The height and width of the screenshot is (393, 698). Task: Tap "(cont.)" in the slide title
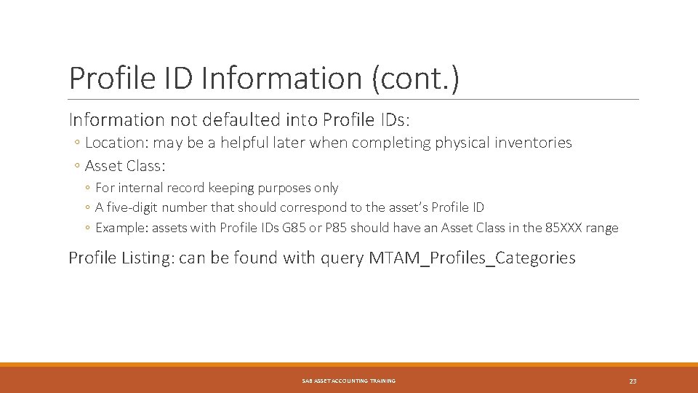[x=415, y=78]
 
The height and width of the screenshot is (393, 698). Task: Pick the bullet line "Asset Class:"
[x=125, y=166]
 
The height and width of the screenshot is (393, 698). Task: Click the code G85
[x=316, y=228]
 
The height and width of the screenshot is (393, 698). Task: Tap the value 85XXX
[x=565, y=228]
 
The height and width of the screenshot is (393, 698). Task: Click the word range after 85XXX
[x=602, y=228]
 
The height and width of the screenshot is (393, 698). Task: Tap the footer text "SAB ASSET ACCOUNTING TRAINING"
[x=349, y=381]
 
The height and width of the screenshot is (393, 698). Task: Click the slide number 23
[x=633, y=381]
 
